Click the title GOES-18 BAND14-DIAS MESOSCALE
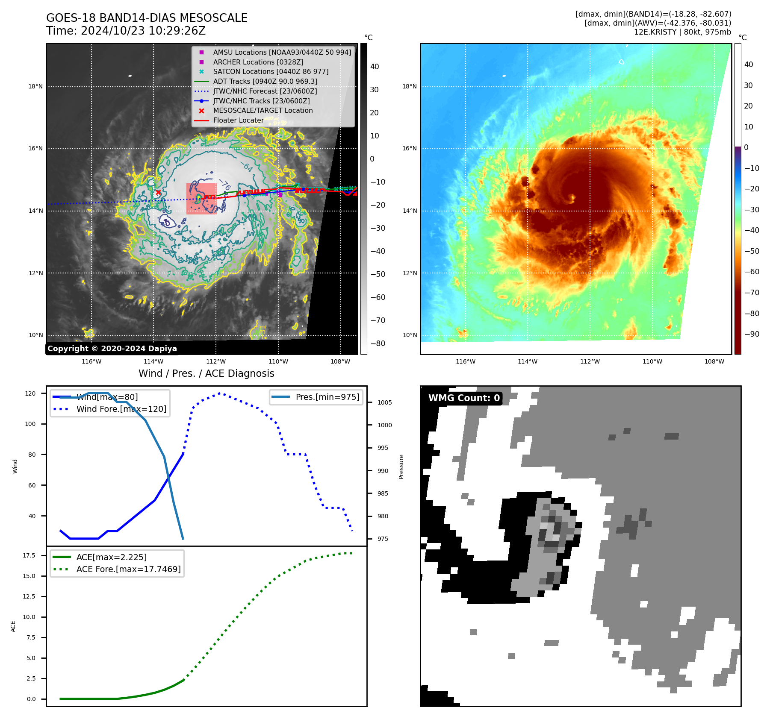click(147, 18)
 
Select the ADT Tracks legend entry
click(265, 81)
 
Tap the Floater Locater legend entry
click(238, 120)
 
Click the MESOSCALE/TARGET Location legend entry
click(263, 111)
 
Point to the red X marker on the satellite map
click(158, 193)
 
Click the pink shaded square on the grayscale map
click(201, 199)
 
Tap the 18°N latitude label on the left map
click(35, 87)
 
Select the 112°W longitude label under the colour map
click(590, 362)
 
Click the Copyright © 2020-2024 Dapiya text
click(112, 349)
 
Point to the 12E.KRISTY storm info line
click(682, 32)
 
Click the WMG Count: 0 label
click(464, 398)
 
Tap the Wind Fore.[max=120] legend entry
click(121, 409)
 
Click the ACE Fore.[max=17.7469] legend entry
click(128, 569)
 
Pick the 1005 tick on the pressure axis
click(384, 402)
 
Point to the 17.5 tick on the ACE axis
click(29, 555)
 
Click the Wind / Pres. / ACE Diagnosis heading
click(206, 374)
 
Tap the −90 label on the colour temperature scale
click(752, 334)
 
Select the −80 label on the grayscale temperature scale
click(378, 343)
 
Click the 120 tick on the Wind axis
click(30, 393)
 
